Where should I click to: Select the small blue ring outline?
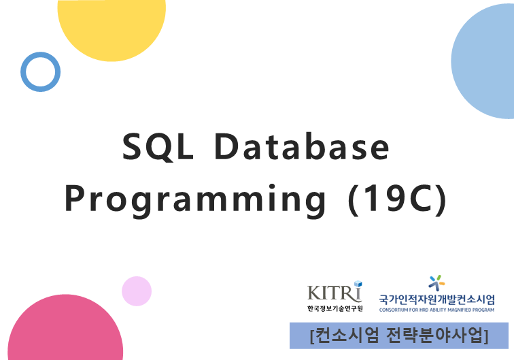(40, 71)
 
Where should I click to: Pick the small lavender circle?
(137, 291)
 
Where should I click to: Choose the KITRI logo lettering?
(333, 293)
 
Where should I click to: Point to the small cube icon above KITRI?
(358, 284)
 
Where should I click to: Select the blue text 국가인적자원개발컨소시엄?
(437, 299)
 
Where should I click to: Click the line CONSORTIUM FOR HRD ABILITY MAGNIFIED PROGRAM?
(437, 309)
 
